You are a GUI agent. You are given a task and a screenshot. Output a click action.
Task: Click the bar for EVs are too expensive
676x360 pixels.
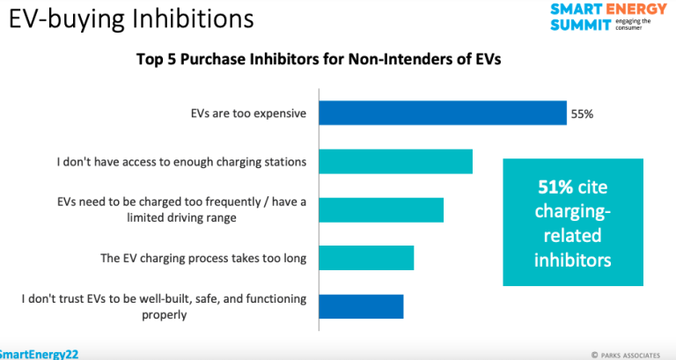pos(443,113)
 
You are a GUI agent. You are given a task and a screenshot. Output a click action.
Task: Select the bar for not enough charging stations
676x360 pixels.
pos(396,162)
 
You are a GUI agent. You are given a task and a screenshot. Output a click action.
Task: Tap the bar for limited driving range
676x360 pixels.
pos(381,210)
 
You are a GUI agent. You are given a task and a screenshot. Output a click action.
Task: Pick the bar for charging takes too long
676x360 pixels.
pos(366,258)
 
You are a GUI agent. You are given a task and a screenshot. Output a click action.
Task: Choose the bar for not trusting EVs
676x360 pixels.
pos(361,306)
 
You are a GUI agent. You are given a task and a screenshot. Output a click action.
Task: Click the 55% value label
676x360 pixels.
pos(582,114)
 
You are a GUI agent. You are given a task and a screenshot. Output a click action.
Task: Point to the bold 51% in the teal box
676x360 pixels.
pos(555,187)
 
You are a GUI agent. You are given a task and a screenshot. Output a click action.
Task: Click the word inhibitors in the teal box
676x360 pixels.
pos(572,261)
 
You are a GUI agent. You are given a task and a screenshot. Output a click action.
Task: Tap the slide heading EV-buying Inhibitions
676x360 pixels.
pos(131,19)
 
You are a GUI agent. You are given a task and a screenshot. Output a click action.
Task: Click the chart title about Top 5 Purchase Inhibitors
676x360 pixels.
pos(319,59)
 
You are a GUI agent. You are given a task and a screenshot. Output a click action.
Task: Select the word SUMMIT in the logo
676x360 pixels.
pos(581,26)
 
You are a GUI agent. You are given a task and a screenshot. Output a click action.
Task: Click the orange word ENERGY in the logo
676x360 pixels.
pos(636,9)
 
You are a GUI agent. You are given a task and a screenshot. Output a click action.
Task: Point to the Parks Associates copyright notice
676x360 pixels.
pos(626,356)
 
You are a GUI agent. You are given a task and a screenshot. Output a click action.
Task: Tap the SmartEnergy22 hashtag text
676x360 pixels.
pos(39,355)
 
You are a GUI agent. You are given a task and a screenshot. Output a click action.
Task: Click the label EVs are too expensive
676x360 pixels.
pos(248,114)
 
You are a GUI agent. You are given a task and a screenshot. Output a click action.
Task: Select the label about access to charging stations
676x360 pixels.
pos(181,162)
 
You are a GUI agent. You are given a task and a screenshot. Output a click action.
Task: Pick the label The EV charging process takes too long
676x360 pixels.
pos(203,258)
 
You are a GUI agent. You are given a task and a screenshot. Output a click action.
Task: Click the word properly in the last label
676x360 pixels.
pos(165,315)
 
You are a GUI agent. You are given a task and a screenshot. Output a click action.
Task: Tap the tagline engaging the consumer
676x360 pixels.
pos(632,24)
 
